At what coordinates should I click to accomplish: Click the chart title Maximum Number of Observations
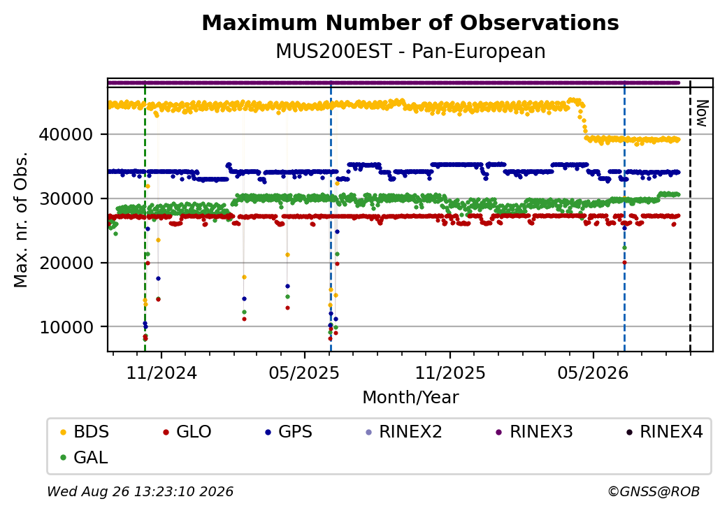(x=410, y=22)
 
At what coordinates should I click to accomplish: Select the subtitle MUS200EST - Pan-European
(x=410, y=51)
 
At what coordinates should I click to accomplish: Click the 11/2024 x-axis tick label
(x=161, y=373)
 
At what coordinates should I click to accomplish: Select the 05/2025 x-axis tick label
(x=304, y=373)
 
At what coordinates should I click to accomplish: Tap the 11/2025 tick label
(x=449, y=373)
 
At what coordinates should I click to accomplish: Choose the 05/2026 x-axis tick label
(x=593, y=373)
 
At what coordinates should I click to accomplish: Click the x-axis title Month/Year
(x=410, y=398)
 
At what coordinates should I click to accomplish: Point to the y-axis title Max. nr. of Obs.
(x=21, y=219)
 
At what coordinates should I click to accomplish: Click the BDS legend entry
(x=85, y=432)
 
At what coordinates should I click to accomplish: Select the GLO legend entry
(x=187, y=432)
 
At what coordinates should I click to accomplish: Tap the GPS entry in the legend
(x=289, y=432)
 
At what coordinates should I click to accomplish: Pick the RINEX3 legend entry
(x=534, y=432)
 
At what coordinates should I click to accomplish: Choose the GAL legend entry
(x=84, y=457)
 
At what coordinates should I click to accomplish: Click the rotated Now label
(x=702, y=113)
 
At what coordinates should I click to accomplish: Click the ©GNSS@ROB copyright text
(x=654, y=491)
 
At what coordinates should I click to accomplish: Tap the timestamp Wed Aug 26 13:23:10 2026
(x=141, y=491)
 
